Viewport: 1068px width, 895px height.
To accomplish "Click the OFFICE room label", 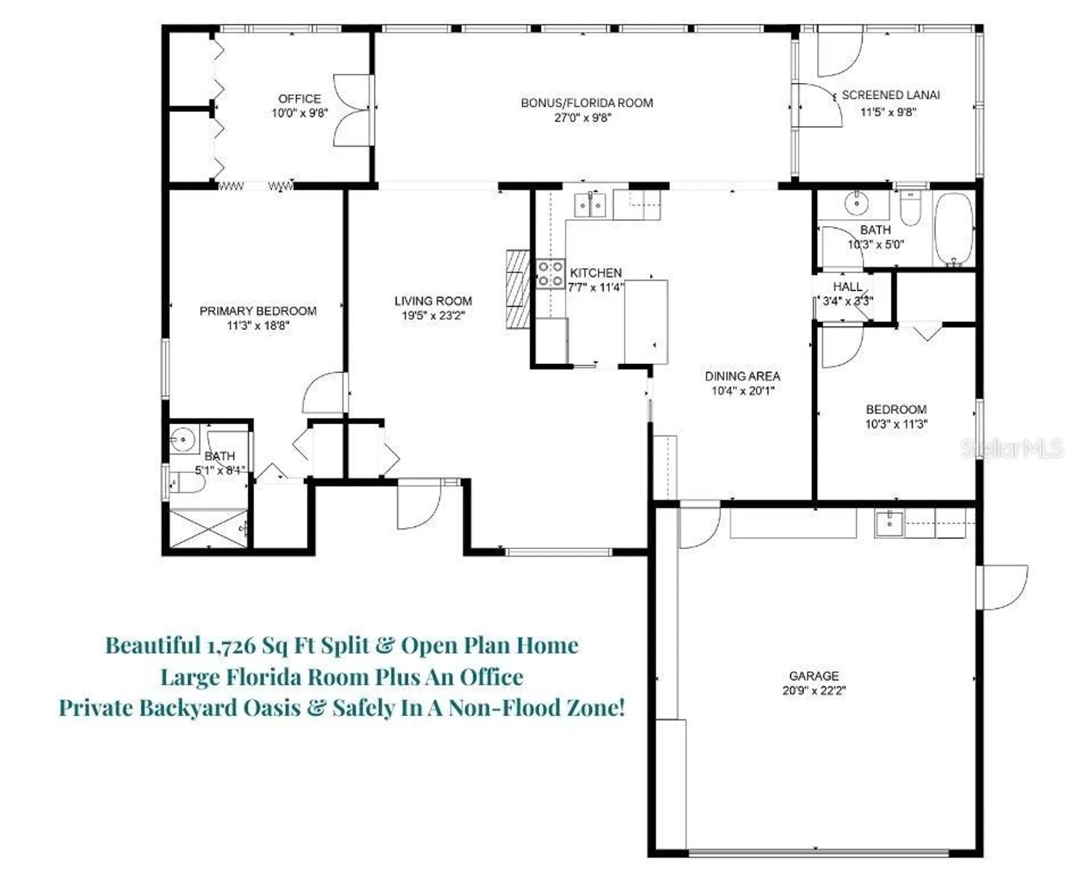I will click(x=299, y=98).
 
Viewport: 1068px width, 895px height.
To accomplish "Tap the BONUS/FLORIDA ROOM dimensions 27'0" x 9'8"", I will click(x=582, y=118).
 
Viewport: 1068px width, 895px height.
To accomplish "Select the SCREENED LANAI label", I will click(x=890, y=95).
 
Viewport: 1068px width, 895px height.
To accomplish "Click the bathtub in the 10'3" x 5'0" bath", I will click(x=953, y=229).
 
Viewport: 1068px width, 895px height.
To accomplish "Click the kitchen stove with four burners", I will click(x=550, y=274).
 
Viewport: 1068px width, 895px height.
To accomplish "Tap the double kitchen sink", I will click(x=590, y=205).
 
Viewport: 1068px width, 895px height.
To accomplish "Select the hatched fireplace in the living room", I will click(x=517, y=289).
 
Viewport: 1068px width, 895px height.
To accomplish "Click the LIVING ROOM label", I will click(x=433, y=301).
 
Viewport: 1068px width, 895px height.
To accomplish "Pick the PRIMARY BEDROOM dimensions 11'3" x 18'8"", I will click(x=258, y=326).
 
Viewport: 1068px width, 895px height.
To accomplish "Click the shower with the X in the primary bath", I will click(x=208, y=528).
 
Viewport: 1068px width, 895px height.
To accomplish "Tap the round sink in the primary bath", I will click(x=182, y=440).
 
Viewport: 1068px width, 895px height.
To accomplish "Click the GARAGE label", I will click(x=814, y=675).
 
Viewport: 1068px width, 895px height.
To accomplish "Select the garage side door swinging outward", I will click(x=1003, y=587).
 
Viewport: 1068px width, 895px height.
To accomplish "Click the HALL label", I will click(x=847, y=287).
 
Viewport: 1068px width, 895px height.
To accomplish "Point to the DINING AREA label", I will click(x=742, y=376).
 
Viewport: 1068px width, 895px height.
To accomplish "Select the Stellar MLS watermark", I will click(x=1011, y=449).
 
